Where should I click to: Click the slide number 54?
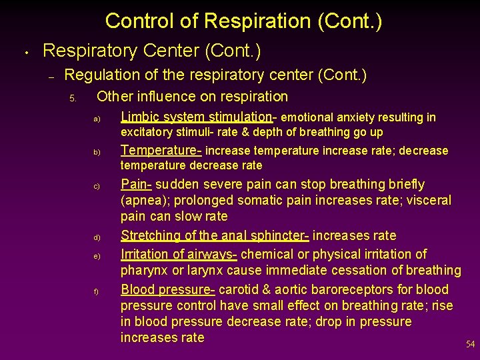470,345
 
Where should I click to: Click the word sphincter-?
275,235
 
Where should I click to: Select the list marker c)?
97,186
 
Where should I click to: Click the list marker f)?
97,291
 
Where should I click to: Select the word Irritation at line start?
145,254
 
